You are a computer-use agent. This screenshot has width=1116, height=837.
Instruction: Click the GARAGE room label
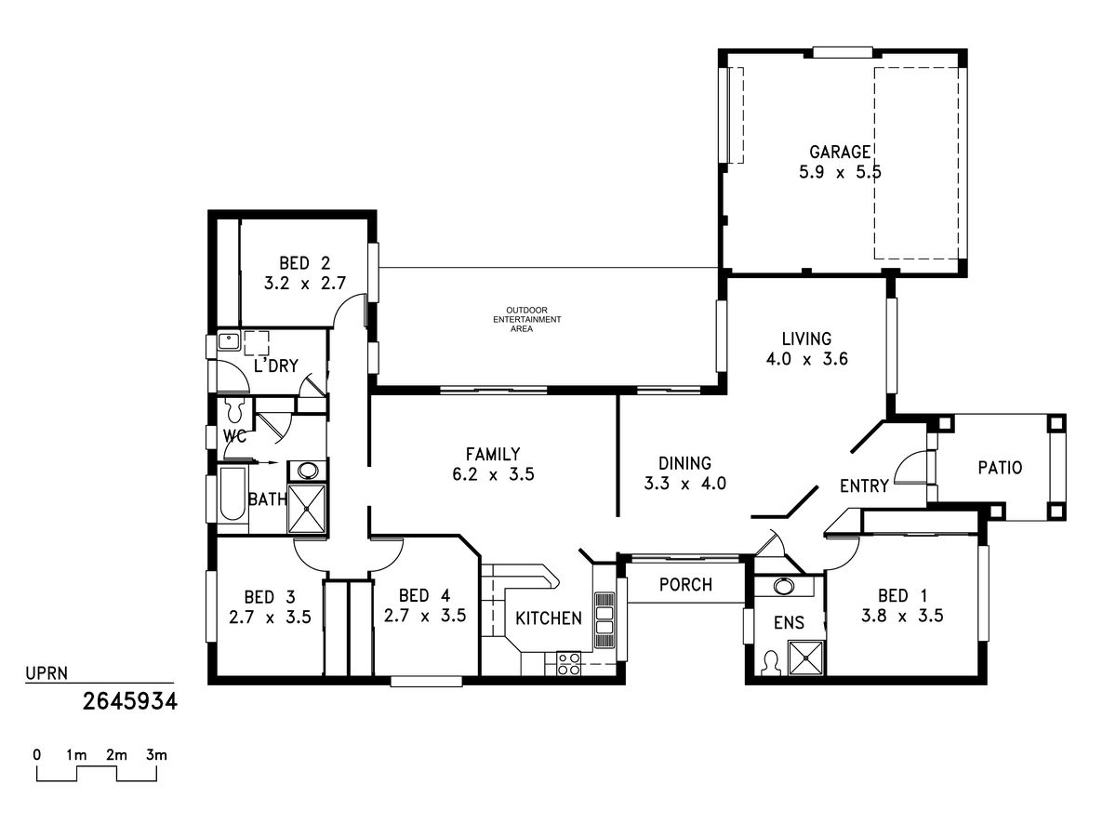(840, 152)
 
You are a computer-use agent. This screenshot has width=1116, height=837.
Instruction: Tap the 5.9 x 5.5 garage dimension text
(840, 172)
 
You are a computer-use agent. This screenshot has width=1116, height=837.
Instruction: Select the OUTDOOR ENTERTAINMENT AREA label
(526, 319)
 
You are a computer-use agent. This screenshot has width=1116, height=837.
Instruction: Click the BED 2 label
(304, 263)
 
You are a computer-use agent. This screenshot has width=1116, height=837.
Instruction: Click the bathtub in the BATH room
(232, 494)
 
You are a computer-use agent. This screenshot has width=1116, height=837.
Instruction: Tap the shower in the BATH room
(306, 509)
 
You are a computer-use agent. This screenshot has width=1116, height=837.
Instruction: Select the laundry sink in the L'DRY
(230, 340)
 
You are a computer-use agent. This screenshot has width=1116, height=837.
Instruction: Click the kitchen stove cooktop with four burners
(568, 664)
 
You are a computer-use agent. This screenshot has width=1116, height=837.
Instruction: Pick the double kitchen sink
(604, 620)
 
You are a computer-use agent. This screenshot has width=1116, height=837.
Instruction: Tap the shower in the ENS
(806, 658)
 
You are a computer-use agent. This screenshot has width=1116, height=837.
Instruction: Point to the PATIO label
(1000, 468)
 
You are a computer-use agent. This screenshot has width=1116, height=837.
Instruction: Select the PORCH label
(685, 584)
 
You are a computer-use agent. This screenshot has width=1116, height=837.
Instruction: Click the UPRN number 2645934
(130, 702)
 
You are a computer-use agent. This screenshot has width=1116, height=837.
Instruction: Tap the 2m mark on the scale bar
(116, 755)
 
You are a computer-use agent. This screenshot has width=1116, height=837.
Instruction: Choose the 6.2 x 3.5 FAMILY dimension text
(493, 474)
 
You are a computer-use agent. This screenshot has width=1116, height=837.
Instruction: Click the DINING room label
(684, 463)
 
